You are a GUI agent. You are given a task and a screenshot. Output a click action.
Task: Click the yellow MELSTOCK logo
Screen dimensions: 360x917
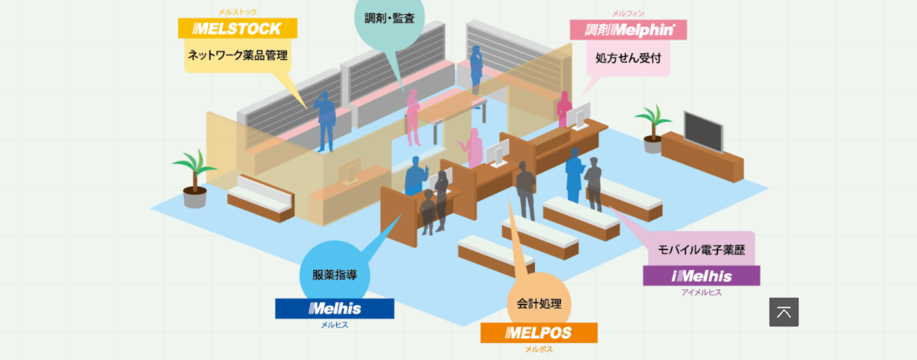[x=238, y=29]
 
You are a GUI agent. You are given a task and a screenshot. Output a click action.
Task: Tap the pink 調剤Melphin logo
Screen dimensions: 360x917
[x=628, y=30]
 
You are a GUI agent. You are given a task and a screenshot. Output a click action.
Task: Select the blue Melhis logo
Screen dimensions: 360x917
[x=335, y=309]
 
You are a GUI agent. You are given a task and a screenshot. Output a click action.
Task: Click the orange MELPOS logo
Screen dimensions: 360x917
[x=538, y=333]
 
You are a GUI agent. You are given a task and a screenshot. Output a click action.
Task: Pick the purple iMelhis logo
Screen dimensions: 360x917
[x=701, y=275]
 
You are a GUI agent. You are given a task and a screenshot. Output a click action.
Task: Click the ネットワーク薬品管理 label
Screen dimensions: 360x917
[x=237, y=55]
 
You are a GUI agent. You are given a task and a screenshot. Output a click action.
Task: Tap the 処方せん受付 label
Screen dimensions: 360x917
[x=628, y=58]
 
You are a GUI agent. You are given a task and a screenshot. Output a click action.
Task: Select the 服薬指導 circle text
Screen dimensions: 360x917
[x=335, y=275]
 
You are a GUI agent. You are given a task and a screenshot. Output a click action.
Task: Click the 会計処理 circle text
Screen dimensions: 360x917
[x=539, y=304]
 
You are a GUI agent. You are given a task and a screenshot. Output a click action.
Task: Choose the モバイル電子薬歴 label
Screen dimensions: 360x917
[x=701, y=249]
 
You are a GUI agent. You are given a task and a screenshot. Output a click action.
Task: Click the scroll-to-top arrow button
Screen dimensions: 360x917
[x=784, y=312]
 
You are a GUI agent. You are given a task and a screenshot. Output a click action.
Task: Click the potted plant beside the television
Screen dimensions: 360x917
[x=653, y=127]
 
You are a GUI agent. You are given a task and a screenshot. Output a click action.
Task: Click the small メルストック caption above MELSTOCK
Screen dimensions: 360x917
[x=238, y=12]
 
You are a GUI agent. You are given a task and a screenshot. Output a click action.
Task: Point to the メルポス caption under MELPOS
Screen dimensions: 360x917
[x=538, y=349]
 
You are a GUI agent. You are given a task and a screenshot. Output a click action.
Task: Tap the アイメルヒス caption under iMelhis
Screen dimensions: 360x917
[x=701, y=292]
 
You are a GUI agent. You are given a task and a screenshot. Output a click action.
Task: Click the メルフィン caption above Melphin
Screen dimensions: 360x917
[x=628, y=13]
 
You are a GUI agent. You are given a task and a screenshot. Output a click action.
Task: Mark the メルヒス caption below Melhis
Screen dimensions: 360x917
[x=335, y=325]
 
